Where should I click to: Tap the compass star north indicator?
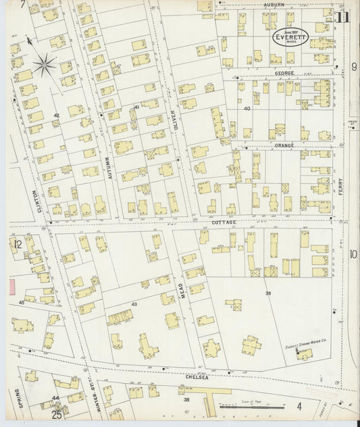tap(45, 65)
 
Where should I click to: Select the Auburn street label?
tap(274, 5)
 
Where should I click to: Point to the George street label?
tap(284, 72)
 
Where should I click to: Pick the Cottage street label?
tap(224, 222)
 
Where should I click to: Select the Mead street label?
tap(182, 291)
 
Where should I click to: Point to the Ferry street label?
tap(340, 187)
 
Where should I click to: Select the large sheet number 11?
tap(344, 17)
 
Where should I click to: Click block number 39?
tap(267, 293)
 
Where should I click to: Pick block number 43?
tap(134, 304)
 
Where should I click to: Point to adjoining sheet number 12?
tap(18, 244)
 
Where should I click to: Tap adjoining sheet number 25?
tap(57, 414)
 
